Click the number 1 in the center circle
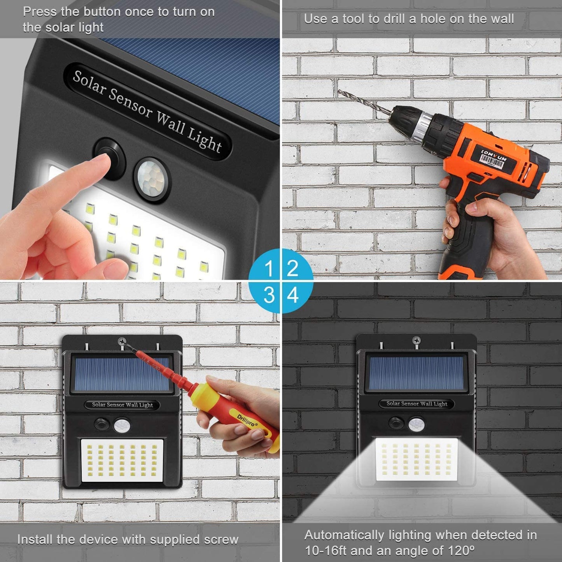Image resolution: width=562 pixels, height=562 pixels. (x=269, y=269)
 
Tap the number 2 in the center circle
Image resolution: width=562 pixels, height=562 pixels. (x=292, y=269)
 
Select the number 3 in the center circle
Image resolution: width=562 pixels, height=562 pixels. (x=269, y=295)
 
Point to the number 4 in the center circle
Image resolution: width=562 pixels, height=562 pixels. (x=293, y=295)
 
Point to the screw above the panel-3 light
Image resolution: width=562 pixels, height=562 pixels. (x=122, y=342)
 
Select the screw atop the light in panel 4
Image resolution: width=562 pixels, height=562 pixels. (x=416, y=341)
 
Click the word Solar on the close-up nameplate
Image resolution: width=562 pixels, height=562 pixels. (x=89, y=83)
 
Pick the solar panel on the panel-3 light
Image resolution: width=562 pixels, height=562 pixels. (x=122, y=375)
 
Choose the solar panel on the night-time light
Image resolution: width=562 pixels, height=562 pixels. (x=416, y=374)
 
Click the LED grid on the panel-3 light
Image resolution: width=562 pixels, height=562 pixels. (x=122, y=460)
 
